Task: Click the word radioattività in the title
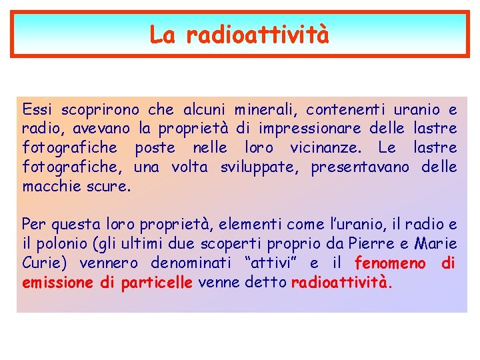pos(257,35)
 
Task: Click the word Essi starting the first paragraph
pos(37,109)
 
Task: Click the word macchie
pos(51,186)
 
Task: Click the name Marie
pos(436,244)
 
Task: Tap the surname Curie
pos(41,263)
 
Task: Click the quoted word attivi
pos(269,263)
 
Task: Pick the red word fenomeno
pos(390,263)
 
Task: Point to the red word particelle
pos(157,283)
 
